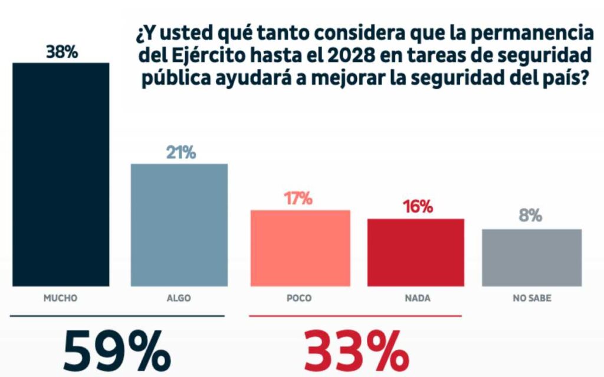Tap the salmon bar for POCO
pyautogui.click(x=300, y=248)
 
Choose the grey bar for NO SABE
pyautogui.click(x=531, y=257)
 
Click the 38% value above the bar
pyautogui.click(x=62, y=52)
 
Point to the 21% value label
pyautogui.click(x=180, y=153)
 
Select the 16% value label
pyautogui.click(x=418, y=207)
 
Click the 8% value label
pyautogui.click(x=530, y=216)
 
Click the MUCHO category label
pyautogui.click(x=61, y=299)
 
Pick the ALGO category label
pyautogui.click(x=179, y=299)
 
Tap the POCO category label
pyautogui.click(x=299, y=299)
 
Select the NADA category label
pyautogui.click(x=418, y=299)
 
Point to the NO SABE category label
pyautogui.click(x=531, y=299)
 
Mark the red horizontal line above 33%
pyautogui.click(x=355, y=316)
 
